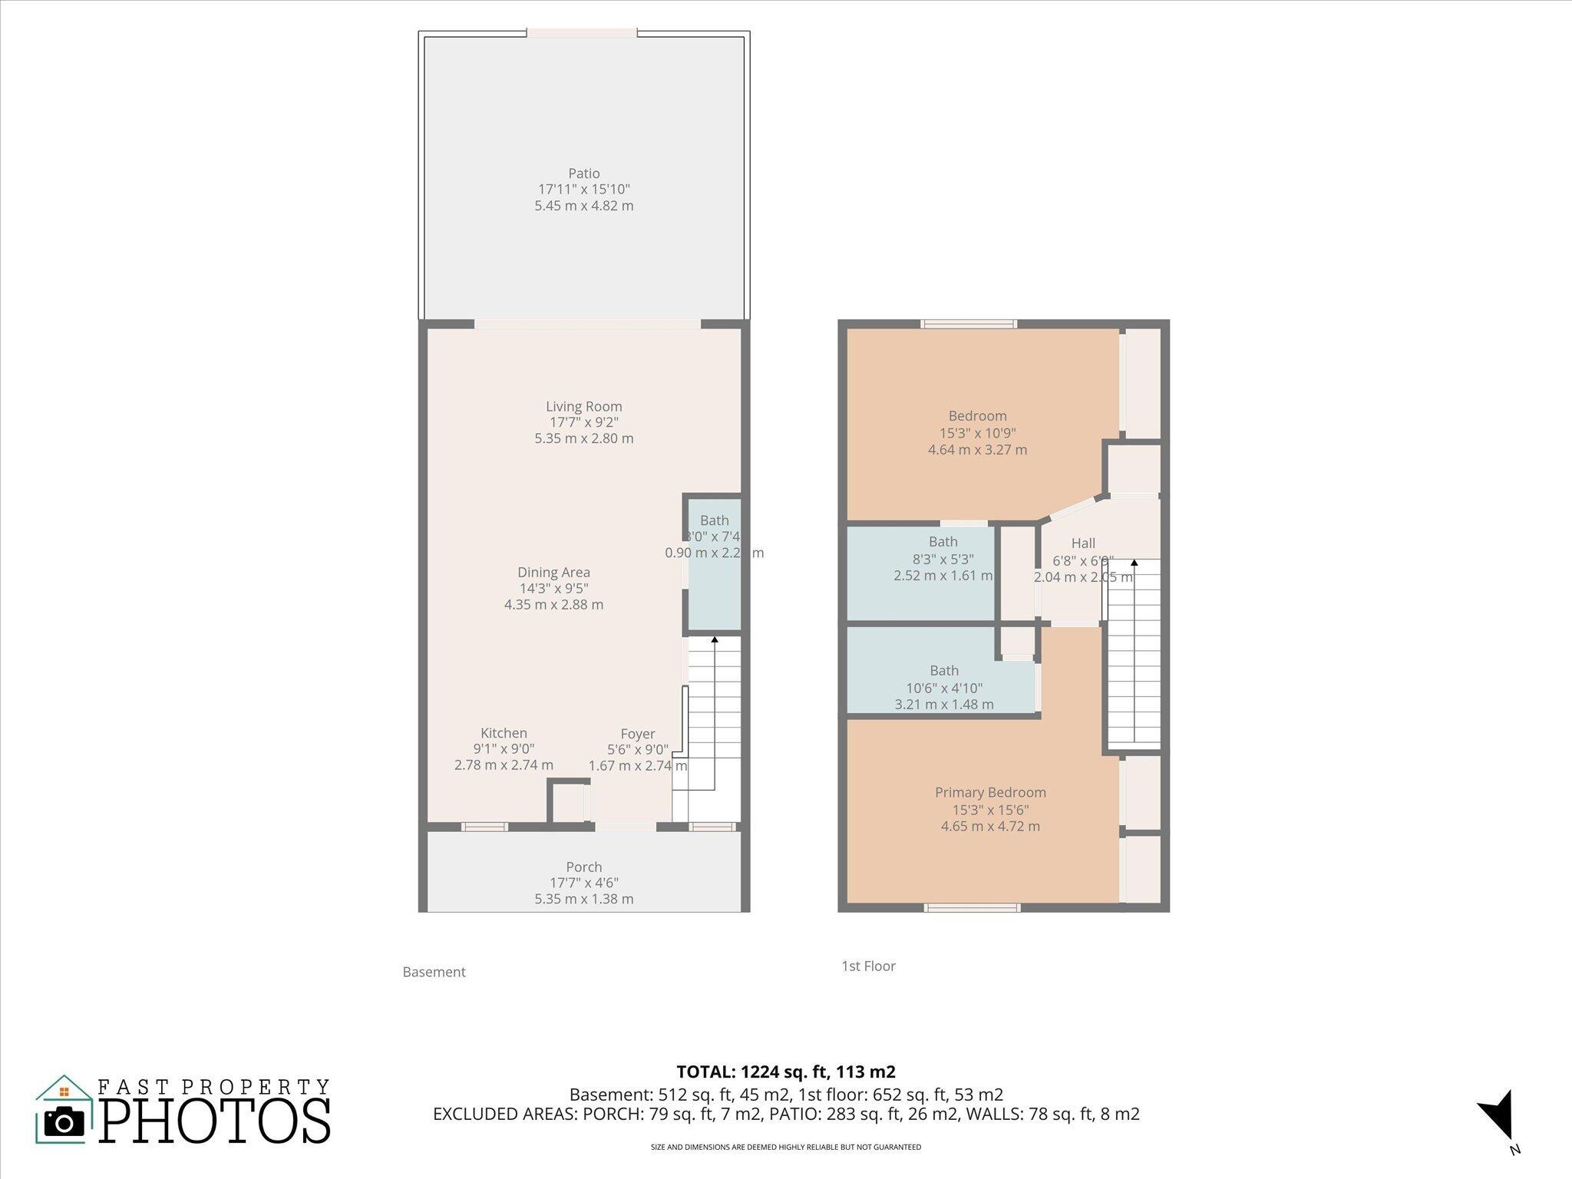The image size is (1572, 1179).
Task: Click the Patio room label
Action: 583,173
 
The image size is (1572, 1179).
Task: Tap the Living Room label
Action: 583,407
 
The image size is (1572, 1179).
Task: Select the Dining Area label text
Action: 553,573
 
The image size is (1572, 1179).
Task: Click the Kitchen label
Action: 504,733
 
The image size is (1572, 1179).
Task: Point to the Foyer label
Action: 637,734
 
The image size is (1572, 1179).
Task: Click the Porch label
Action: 583,867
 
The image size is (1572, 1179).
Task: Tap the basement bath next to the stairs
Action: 714,568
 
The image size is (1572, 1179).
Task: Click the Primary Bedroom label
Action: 990,792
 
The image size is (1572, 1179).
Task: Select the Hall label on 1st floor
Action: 1083,543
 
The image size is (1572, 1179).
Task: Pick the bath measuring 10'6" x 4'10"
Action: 944,688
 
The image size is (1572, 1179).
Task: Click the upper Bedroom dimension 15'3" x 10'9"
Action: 977,433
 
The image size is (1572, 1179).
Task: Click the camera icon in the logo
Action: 64,1123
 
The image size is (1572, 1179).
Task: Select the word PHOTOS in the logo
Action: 215,1121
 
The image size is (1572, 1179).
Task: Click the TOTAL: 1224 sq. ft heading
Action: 785,1072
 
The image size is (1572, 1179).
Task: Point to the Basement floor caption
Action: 434,972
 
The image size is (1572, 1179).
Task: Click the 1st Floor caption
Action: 868,966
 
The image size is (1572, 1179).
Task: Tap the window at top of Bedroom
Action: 969,324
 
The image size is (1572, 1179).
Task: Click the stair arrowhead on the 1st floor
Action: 1134,563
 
